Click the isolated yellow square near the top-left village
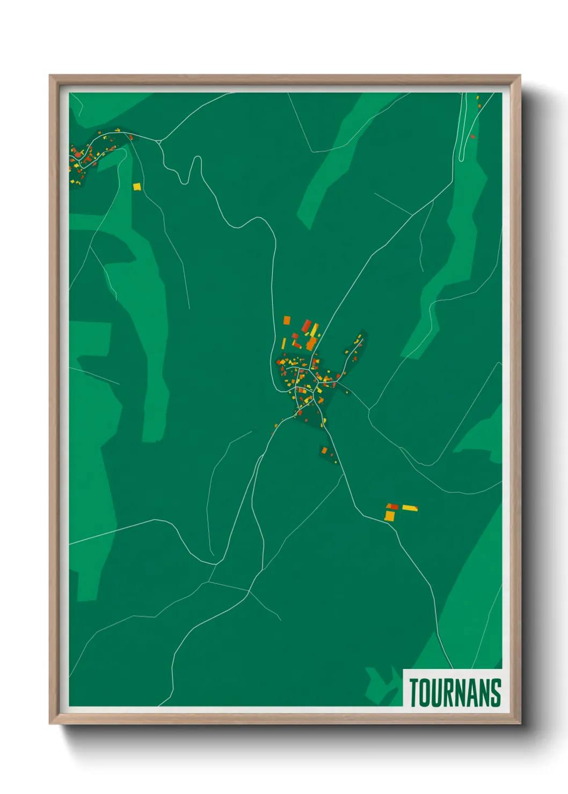tap(137, 187)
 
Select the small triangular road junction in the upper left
tap(159, 142)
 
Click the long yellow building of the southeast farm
tap(410, 508)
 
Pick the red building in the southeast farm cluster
tap(393, 506)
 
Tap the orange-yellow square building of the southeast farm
tap(389, 516)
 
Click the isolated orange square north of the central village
tap(287, 320)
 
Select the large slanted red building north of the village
tap(306, 326)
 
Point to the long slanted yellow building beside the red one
tap(314, 329)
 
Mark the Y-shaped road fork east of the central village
tap(369, 411)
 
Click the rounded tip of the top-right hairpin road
tap(461, 158)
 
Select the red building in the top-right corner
tap(472, 136)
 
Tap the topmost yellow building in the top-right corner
tap(477, 98)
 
